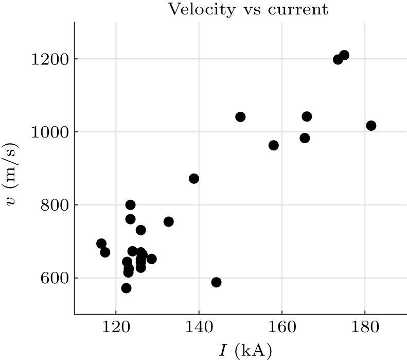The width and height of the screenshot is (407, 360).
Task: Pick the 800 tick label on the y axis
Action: (x=54, y=205)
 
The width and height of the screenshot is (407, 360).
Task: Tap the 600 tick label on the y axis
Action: (x=54, y=279)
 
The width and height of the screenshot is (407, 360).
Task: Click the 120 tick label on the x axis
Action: (x=116, y=327)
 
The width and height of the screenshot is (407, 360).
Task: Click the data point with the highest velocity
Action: (x=344, y=55)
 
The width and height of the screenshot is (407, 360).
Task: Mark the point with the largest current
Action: (x=371, y=126)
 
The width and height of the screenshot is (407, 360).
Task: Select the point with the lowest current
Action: (x=101, y=244)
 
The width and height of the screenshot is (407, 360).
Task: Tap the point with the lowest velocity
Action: (x=126, y=288)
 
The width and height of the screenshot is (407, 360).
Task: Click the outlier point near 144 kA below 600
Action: (x=216, y=282)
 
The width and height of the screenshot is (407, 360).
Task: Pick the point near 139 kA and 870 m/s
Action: (x=194, y=179)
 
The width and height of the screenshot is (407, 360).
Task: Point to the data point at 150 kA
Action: (x=240, y=117)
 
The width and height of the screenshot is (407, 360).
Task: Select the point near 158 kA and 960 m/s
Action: (x=274, y=145)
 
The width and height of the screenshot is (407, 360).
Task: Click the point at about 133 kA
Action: (x=168, y=221)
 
